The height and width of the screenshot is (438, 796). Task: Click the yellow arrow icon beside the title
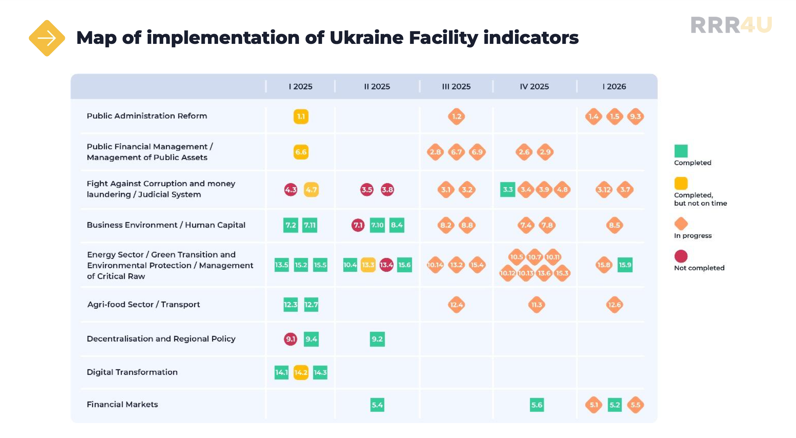pos(47,38)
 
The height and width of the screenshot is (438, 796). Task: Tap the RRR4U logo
pos(731,25)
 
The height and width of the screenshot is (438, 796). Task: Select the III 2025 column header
pos(456,86)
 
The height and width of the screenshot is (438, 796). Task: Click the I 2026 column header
pos(614,86)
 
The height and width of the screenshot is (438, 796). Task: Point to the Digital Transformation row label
pos(132,372)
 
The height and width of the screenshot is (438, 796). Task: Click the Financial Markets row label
pos(122,404)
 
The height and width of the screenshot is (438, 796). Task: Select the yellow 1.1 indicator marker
pos(301,117)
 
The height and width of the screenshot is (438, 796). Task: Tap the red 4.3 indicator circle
pos(291,190)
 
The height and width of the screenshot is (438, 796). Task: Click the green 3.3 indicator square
pos(508,190)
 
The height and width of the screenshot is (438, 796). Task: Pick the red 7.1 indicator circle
pos(358,225)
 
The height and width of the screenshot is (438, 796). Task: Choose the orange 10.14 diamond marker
pos(435,265)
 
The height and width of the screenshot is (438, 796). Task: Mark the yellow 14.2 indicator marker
pos(301,372)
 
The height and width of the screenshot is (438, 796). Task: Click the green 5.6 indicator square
pos(537,405)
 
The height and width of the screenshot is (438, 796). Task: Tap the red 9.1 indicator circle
pos(291,339)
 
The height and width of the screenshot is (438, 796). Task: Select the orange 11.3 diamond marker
pos(537,305)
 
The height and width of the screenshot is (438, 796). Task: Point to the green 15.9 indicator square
pos(625,265)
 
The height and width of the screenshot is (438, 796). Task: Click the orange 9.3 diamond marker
pos(635,117)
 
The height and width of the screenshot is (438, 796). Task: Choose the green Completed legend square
pos(681,151)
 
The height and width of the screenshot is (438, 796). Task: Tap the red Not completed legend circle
pos(681,256)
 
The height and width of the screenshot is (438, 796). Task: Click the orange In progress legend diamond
pos(681,224)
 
